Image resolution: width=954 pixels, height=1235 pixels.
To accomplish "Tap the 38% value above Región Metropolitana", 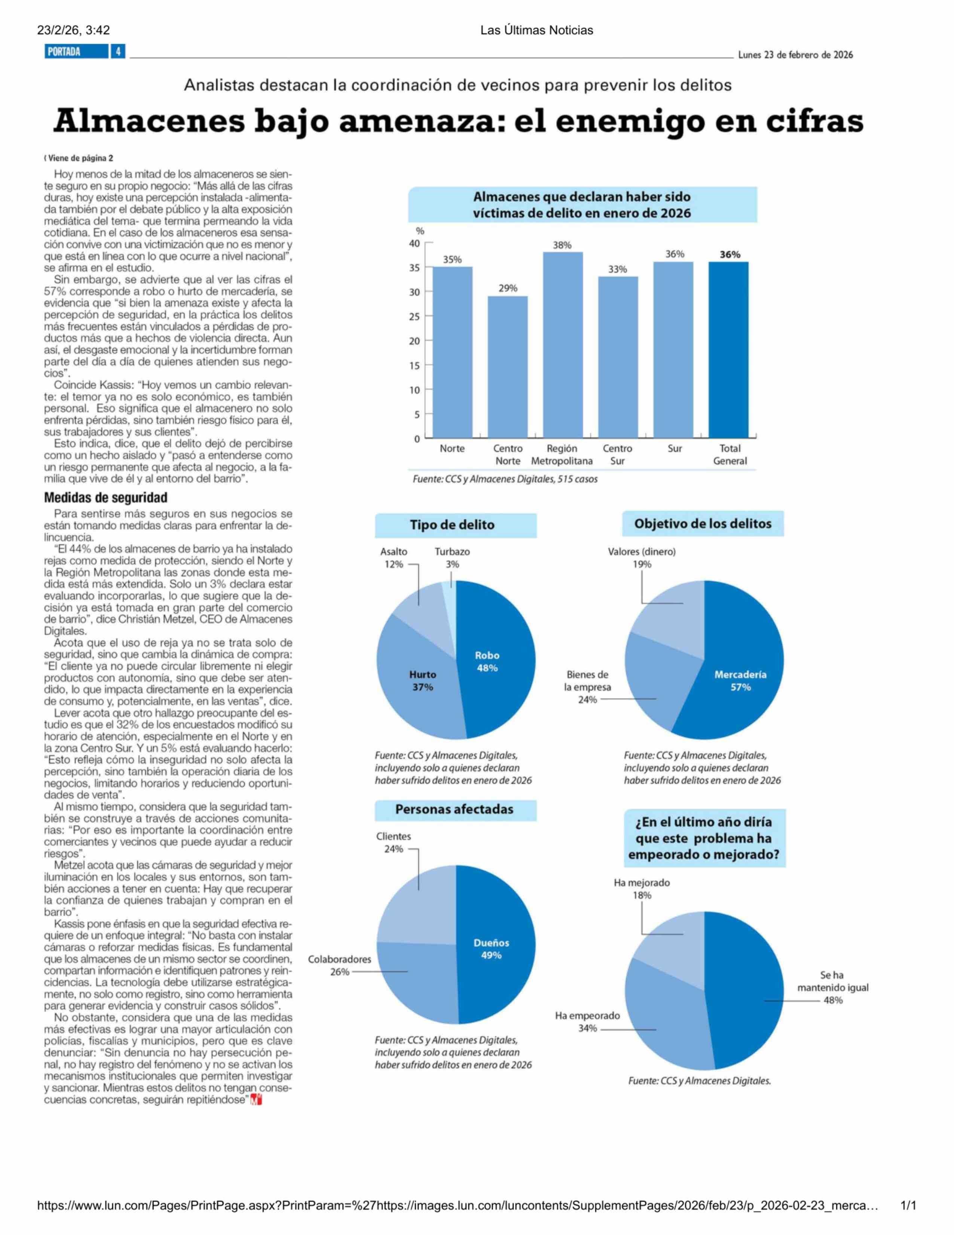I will [x=562, y=245].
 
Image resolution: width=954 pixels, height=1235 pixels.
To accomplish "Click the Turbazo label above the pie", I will [x=452, y=551].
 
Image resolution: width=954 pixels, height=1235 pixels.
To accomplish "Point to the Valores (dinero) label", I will [x=642, y=551].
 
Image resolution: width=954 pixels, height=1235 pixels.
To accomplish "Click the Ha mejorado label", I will [x=642, y=882].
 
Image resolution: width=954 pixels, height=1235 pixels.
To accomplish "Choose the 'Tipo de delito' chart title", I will [x=452, y=525].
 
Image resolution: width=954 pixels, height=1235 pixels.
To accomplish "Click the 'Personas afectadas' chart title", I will [x=455, y=809].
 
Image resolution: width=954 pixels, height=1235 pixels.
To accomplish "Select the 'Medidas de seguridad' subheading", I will [x=106, y=498].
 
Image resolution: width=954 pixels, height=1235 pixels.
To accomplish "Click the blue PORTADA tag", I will [x=76, y=52].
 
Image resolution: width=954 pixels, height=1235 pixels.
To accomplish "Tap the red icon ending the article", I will [x=257, y=1100].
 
